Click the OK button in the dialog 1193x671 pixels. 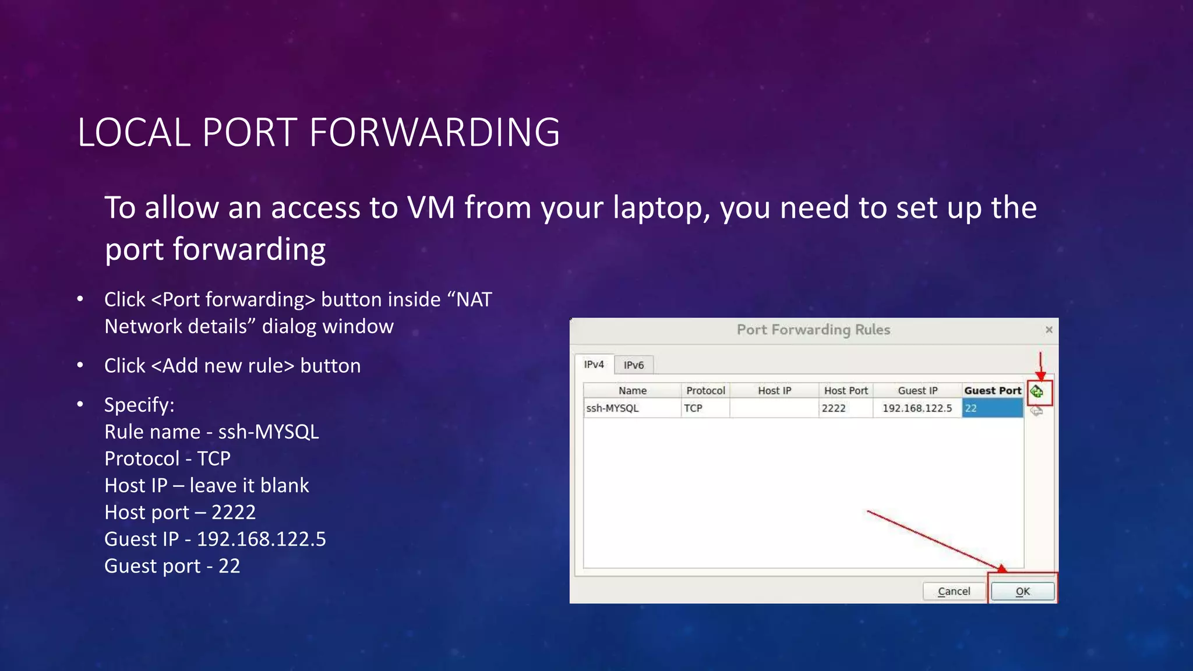tap(1022, 591)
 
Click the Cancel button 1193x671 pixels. tap(954, 591)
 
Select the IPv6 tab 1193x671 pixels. tap(634, 365)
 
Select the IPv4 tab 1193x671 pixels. tap(594, 364)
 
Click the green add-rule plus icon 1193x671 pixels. tap(1037, 391)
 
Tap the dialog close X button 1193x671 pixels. tap(1049, 330)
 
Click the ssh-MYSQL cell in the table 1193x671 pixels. tap(612, 408)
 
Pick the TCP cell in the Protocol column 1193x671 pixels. tap(693, 408)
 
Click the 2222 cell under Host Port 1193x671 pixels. tap(834, 408)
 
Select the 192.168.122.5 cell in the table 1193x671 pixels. tap(917, 408)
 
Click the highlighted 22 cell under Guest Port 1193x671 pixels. tap(992, 408)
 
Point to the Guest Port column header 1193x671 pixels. tap(993, 390)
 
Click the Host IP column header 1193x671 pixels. tap(774, 390)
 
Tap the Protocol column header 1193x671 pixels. tap(705, 390)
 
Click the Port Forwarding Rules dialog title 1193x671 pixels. tap(813, 330)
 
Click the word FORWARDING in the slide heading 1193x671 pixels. tap(435, 132)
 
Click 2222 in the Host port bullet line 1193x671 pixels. tap(234, 512)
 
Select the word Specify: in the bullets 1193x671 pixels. tap(139, 404)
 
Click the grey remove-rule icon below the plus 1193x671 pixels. tap(1037, 411)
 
